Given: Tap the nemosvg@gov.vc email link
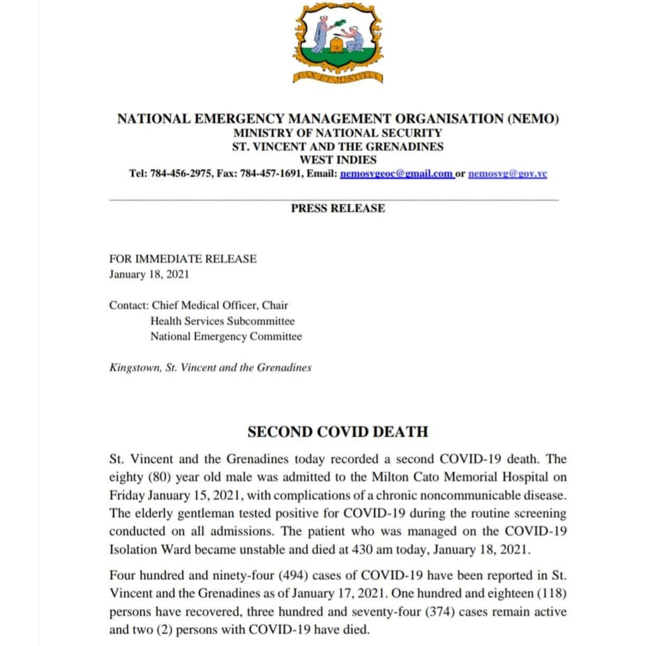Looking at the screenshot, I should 507,173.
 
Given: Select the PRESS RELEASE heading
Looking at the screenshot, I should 338,208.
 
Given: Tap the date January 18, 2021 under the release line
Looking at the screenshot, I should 149,274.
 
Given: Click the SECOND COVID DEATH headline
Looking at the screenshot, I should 338,432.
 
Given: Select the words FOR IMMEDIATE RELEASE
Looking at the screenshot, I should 183,259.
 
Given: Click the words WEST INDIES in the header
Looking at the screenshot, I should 338,160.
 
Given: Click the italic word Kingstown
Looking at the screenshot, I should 134,368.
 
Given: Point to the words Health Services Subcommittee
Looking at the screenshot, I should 222,321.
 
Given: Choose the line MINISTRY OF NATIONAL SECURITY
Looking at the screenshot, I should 338,133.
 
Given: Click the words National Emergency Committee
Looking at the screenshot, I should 226,337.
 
